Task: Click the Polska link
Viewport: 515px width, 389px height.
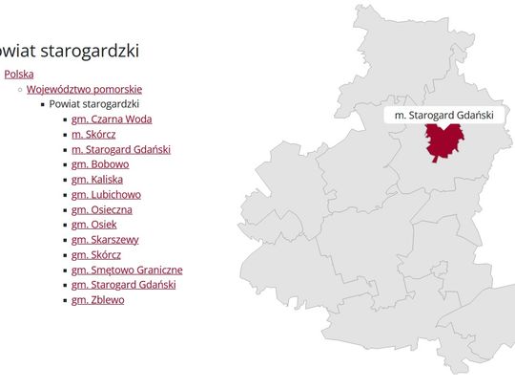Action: [19, 74]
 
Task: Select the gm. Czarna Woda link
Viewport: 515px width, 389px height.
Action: [112, 119]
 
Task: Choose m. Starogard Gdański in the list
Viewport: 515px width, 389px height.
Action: [121, 149]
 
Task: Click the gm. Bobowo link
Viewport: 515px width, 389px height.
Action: [100, 164]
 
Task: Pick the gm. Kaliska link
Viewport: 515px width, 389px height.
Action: [97, 179]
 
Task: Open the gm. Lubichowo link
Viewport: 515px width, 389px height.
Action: [106, 194]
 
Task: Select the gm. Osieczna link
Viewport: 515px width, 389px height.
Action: [102, 209]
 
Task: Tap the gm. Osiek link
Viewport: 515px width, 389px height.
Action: [94, 225]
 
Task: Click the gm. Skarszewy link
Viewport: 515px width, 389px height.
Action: [105, 239]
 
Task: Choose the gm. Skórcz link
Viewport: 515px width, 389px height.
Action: [96, 254]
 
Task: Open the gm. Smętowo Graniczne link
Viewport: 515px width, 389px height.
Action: [127, 270]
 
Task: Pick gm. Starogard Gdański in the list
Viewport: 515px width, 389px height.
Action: [124, 285]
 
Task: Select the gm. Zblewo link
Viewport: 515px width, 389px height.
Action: [97, 300]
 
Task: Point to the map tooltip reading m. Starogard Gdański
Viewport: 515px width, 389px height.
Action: [443, 115]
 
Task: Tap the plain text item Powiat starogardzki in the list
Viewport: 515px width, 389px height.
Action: [94, 104]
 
